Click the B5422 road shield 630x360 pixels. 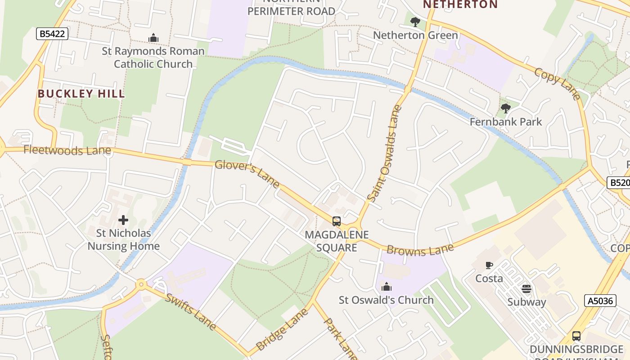(52, 33)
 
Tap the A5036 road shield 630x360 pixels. (601, 301)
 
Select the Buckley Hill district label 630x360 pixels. (81, 94)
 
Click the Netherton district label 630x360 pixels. (460, 4)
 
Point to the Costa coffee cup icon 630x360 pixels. (489, 265)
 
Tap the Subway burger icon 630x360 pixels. (526, 288)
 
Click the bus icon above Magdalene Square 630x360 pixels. (337, 221)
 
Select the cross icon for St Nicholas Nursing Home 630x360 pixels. (123, 220)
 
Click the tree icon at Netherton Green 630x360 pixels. (415, 22)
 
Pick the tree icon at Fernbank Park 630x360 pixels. (506, 108)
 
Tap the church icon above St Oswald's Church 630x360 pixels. (387, 287)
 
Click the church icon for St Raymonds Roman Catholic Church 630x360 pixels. (153, 38)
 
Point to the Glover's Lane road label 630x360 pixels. (247, 174)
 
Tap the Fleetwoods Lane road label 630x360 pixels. (67, 150)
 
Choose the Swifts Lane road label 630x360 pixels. (191, 311)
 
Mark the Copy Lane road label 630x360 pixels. (558, 83)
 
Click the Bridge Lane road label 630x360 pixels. (283, 329)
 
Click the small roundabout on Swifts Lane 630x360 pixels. (141, 284)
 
